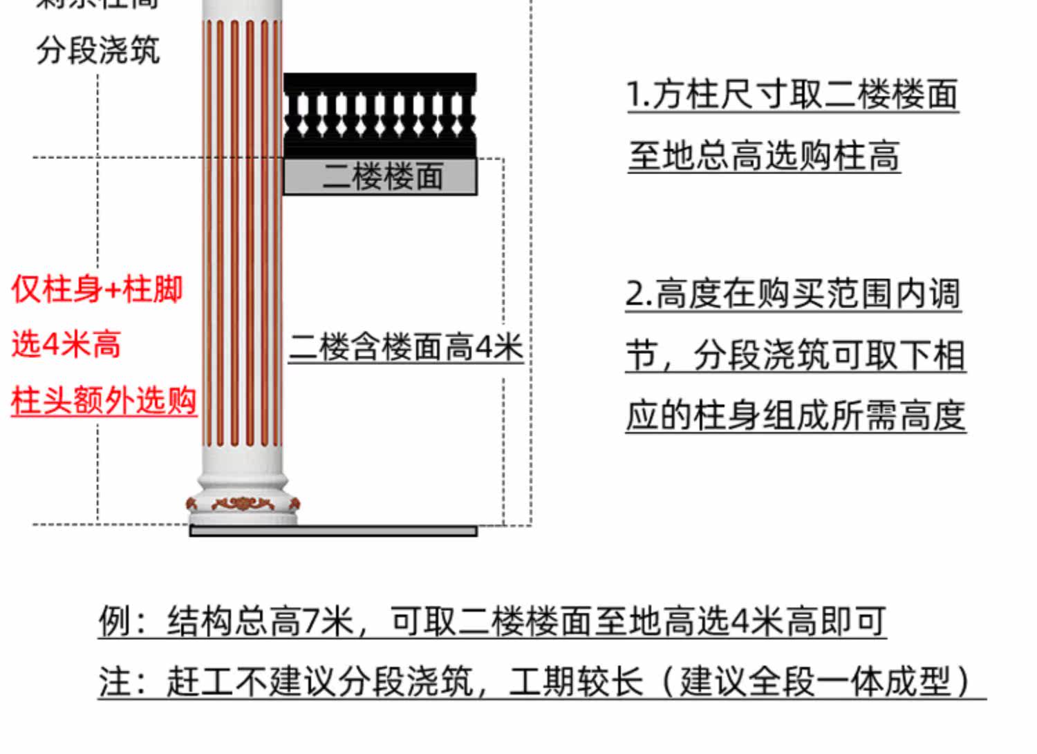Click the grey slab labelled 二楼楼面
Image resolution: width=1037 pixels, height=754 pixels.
point(380,177)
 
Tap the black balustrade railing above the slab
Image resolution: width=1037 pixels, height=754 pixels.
point(380,114)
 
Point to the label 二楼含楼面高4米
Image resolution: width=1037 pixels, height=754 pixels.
point(406,347)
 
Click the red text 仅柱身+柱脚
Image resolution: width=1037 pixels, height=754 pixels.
point(97,289)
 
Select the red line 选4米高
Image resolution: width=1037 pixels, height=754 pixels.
point(66,343)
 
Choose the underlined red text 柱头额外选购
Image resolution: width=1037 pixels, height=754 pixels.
point(104,401)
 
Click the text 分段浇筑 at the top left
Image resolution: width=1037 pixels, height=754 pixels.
point(98,51)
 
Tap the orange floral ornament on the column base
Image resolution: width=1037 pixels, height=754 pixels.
point(242,503)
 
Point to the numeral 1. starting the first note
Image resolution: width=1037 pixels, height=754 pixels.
point(637,95)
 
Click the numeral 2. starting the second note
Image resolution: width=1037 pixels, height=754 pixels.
point(638,294)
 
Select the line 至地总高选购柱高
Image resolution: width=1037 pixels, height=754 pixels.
point(764,155)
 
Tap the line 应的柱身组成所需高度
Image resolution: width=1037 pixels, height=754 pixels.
point(796,416)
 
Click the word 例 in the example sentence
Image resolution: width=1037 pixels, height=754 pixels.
point(113,621)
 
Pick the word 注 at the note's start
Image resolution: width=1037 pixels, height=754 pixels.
point(113,681)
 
